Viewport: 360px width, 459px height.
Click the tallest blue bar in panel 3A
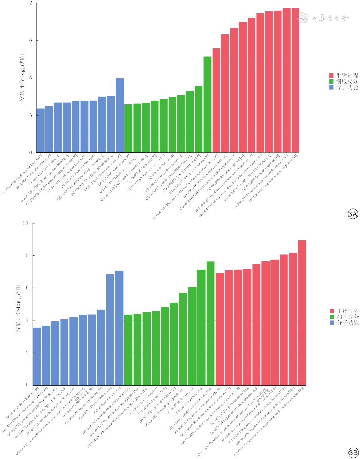tap(119, 115)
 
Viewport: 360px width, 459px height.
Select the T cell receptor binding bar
tap(40, 130)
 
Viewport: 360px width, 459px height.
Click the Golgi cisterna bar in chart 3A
tap(129, 128)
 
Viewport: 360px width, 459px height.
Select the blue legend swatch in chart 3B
tap(331, 324)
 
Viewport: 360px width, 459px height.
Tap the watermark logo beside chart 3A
tap(303, 18)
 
